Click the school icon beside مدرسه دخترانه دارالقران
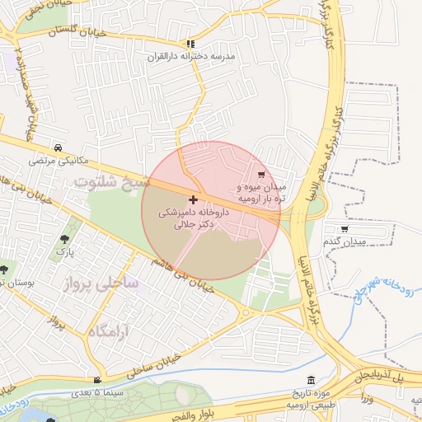191,44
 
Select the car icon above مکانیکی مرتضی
57,148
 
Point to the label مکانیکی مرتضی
57,160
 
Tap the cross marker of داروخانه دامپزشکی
193,199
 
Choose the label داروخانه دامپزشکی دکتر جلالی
194,217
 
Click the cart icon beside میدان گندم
344,228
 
